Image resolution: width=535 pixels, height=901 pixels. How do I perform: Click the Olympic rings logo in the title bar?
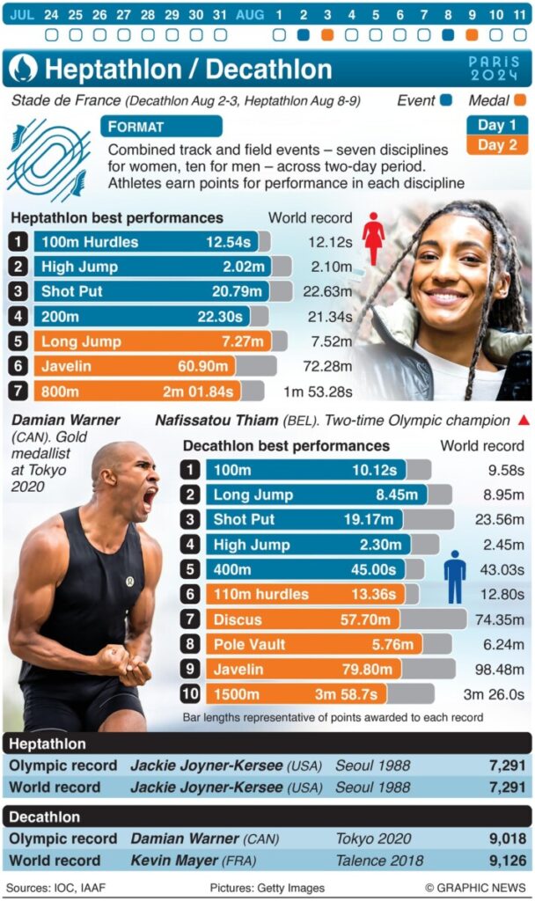pos(23,69)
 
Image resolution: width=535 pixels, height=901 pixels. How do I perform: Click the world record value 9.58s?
pos(505,471)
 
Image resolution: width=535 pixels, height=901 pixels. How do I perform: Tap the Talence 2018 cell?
pos(375,860)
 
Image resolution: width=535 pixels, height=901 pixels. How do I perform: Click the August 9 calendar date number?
pos(472,15)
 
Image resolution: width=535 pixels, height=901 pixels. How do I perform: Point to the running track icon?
pos(48,159)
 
